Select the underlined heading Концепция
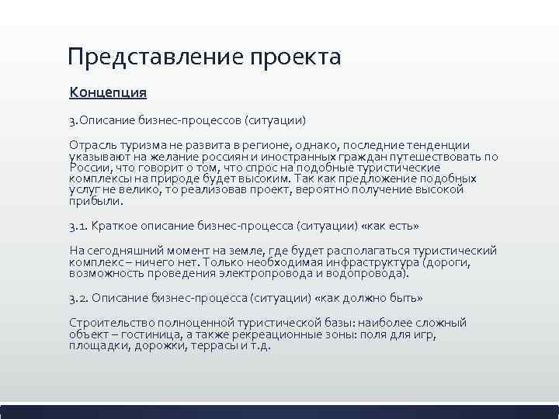108,92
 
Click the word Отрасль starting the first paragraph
92,145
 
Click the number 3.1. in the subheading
78,226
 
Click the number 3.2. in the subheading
79,299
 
